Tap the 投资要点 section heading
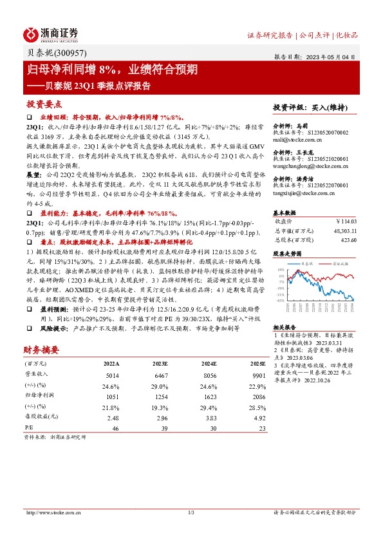pos(44,104)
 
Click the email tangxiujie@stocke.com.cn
pos(304,192)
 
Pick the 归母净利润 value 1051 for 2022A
pos(111,397)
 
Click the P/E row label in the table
pos(29,427)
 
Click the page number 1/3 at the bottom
pos(191,512)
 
